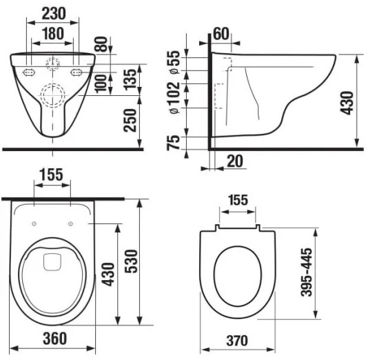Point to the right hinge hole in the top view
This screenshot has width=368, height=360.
(x=71, y=222)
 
